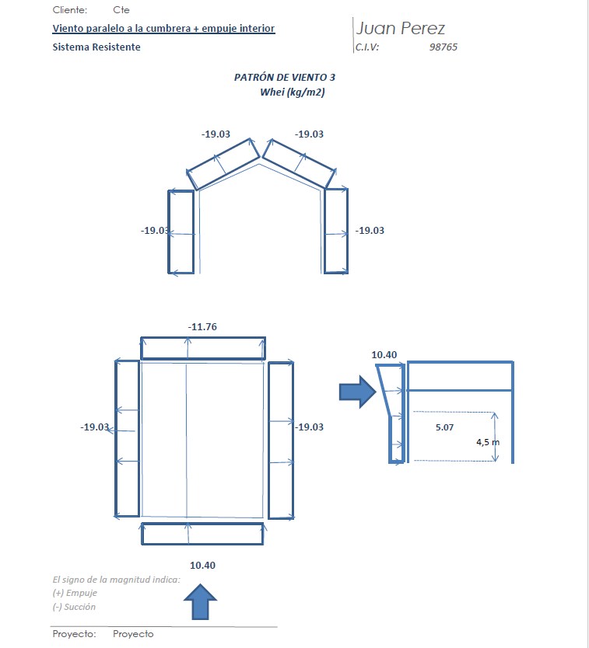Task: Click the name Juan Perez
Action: click(400, 29)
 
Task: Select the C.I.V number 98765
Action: click(444, 47)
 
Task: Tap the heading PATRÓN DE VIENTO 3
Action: click(285, 77)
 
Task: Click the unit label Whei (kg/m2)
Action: click(293, 92)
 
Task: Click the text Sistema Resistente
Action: click(96, 47)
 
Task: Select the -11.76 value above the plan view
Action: click(202, 327)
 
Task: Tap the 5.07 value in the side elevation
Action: click(444, 427)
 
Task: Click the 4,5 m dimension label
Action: click(488, 442)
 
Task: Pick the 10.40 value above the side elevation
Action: click(384, 354)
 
